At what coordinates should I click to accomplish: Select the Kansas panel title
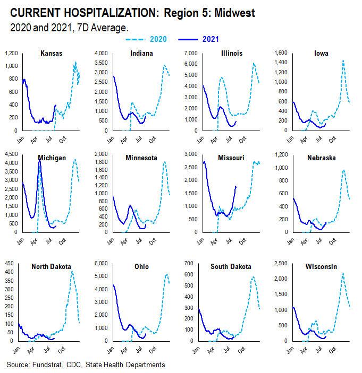pyautogui.click(x=52, y=53)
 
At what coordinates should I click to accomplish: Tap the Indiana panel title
pyautogui.click(x=142, y=53)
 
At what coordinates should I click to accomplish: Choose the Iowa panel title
pyautogui.click(x=321, y=53)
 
